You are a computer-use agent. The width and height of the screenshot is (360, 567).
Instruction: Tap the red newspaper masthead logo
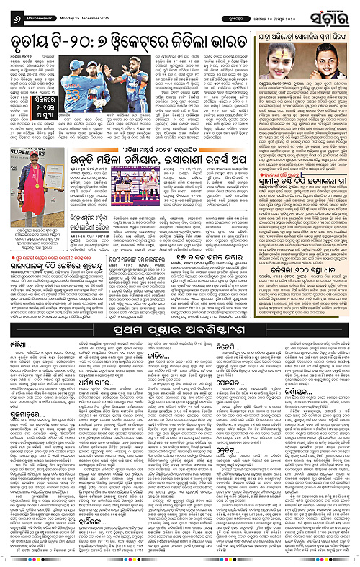pyautogui.click(x=333, y=12)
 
